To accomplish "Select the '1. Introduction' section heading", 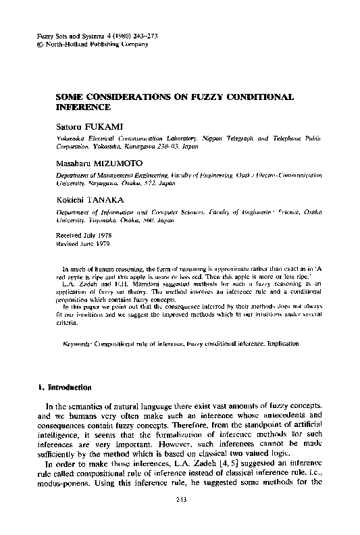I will (x=63, y=387).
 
